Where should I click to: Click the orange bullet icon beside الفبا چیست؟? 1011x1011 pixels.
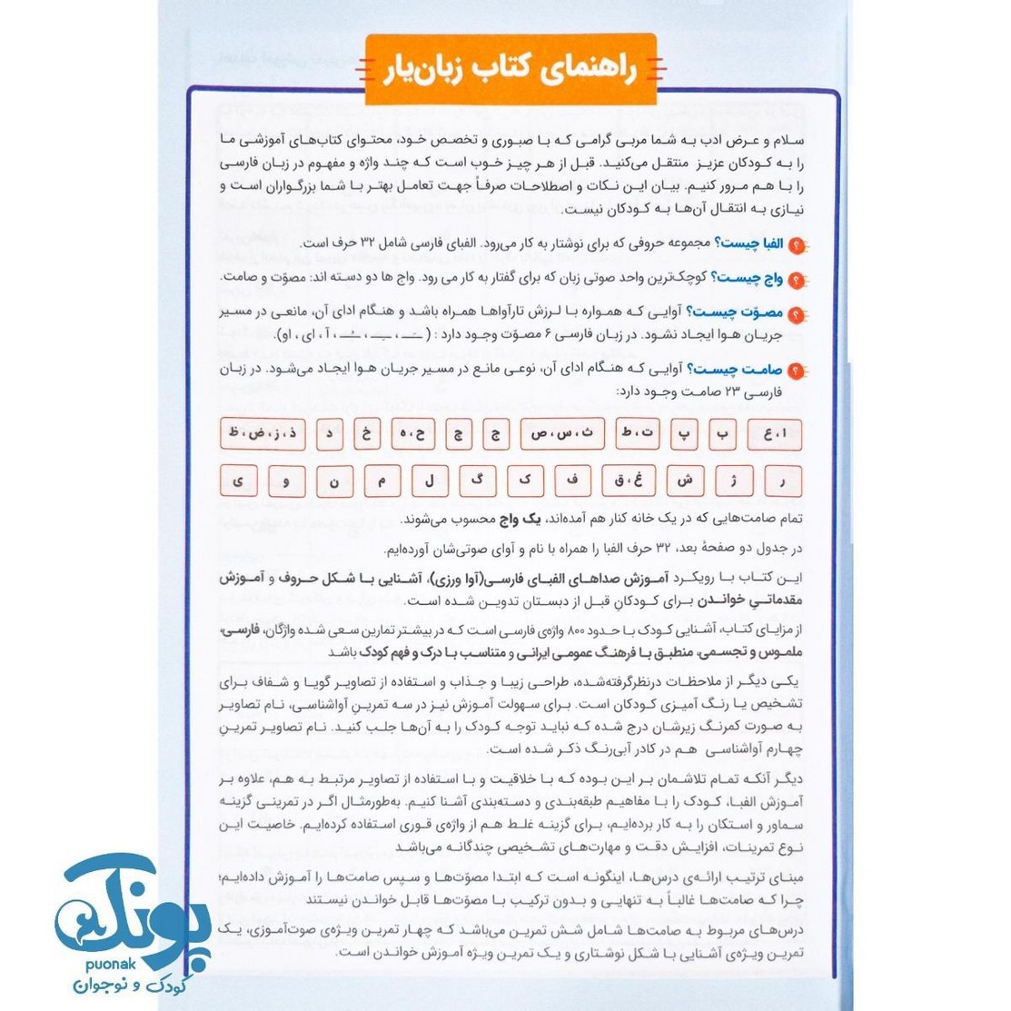point(797,245)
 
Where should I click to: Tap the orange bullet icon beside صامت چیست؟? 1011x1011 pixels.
point(797,371)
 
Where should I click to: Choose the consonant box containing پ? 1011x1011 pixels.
point(682,434)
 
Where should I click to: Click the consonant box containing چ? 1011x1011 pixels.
point(459,434)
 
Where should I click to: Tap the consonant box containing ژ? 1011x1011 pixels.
point(732,481)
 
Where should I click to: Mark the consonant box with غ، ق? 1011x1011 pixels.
point(633,481)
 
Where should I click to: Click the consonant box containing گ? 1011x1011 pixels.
point(477,481)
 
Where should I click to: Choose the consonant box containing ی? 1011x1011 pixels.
point(239,481)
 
